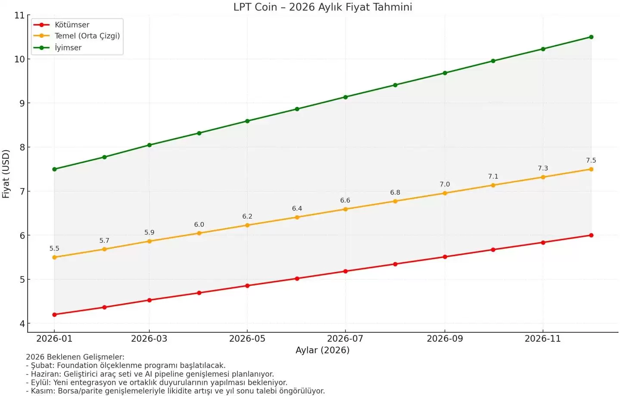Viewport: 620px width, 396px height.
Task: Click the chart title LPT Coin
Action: pyautogui.click(x=323, y=7)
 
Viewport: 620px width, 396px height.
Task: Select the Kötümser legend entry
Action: pyautogui.click(x=72, y=25)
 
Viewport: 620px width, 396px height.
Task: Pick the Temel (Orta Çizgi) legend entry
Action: pyautogui.click(x=87, y=36)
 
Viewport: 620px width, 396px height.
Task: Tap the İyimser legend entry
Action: pyautogui.click(x=68, y=48)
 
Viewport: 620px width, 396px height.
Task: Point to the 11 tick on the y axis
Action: pyautogui.click(x=19, y=15)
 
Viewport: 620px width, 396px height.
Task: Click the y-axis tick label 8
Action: pyautogui.click(x=22, y=147)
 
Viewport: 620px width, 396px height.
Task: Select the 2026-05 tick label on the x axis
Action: pyautogui.click(x=247, y=339)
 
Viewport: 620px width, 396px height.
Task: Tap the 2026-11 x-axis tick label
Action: pyautogui.click(x=542, y=339)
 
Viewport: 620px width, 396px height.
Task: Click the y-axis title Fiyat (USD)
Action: pyautogui.click(x=6, y=174)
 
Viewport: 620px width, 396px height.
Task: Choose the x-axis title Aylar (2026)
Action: pyautogui.click(x=322, y=350)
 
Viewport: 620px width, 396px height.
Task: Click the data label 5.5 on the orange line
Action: pyautogui.click(x=54, y=249)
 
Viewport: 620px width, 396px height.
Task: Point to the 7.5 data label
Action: pyautogui.click(x=591, y=161)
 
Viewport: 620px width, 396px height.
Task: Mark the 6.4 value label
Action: pyautogui.click(x=297, y=209)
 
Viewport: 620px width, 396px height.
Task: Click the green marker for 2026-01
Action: pyautogui.click(x=54, y=169)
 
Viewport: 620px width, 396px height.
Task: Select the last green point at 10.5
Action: pyautogui.click(x=591, y=37)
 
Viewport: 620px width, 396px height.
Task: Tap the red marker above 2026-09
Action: pyautogui.click(x=445, y=257)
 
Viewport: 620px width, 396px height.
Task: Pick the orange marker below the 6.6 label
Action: pyautogui.click(x=345, y=209)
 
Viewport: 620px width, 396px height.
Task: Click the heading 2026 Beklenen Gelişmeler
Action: pyautogui.click(x=75, y=357)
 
